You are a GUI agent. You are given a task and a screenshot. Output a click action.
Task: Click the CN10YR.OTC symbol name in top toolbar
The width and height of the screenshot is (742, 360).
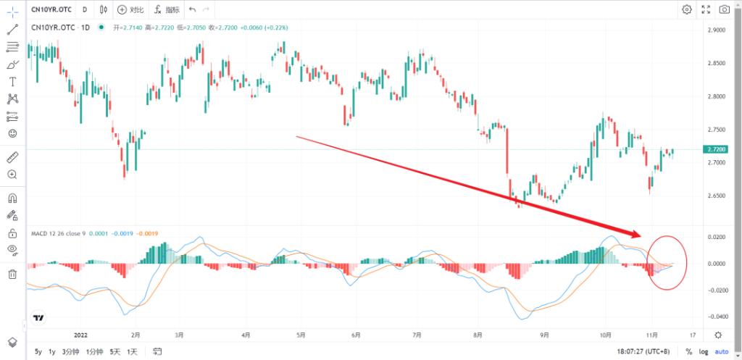click(51, 9)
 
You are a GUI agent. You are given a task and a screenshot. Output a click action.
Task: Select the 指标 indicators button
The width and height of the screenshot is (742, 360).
click(167, 9)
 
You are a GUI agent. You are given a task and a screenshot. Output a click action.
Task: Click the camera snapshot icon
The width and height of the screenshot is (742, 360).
click(725, 9)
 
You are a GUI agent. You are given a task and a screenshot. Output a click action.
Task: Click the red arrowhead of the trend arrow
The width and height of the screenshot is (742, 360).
click(637, 234)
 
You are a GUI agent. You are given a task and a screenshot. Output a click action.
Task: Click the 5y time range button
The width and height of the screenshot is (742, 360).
click(38, 352)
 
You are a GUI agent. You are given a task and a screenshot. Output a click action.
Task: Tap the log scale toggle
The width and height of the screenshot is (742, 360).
click(704, 352)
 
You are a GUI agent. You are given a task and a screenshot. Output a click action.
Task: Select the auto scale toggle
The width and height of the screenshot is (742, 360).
click(722, 352)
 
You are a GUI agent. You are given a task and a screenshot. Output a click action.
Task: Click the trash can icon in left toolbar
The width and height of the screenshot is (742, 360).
click(12, 274)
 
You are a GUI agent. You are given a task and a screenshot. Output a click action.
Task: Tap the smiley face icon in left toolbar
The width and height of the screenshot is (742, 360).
click(12, 133)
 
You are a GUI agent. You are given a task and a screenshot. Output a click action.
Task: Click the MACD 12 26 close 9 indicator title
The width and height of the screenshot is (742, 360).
click(58, 233)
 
